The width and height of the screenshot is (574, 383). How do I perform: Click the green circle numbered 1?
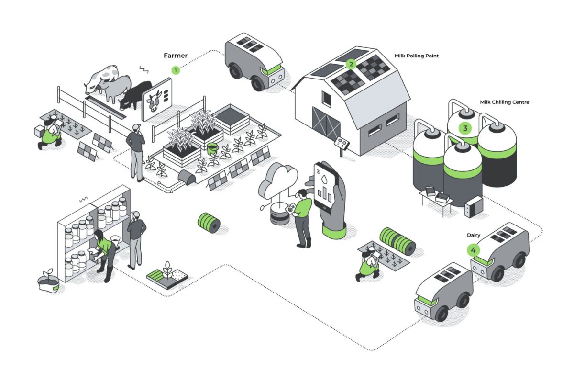coord(176,70)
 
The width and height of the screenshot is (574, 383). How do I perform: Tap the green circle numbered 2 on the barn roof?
coord(351,64)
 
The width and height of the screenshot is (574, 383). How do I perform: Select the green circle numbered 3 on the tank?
coord(464,128)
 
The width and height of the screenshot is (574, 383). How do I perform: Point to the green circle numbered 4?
coord(474,250)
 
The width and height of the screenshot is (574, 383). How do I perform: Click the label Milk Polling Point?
coord(416,56)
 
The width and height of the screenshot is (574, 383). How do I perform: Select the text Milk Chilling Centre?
coord(504,102)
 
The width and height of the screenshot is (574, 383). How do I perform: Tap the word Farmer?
coord(176,56)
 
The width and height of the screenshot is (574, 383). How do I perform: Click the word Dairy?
coord(474,235)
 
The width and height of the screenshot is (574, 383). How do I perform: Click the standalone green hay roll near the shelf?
coord(209,223)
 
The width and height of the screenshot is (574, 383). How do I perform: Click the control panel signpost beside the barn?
coord(342,143)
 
